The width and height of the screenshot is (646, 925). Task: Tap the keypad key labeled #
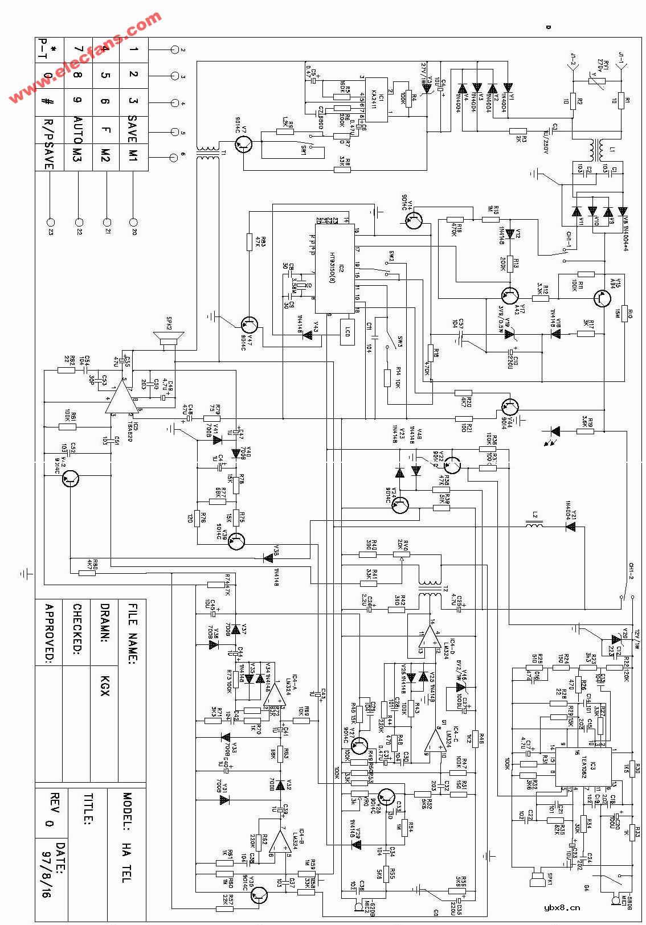coord(48,101)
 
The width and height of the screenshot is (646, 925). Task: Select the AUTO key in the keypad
coord(77,129)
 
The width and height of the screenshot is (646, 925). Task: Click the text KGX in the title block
coord(104,681)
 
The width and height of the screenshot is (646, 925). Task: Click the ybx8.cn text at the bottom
coord(561,907)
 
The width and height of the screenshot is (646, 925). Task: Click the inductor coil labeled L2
coord(534,527)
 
